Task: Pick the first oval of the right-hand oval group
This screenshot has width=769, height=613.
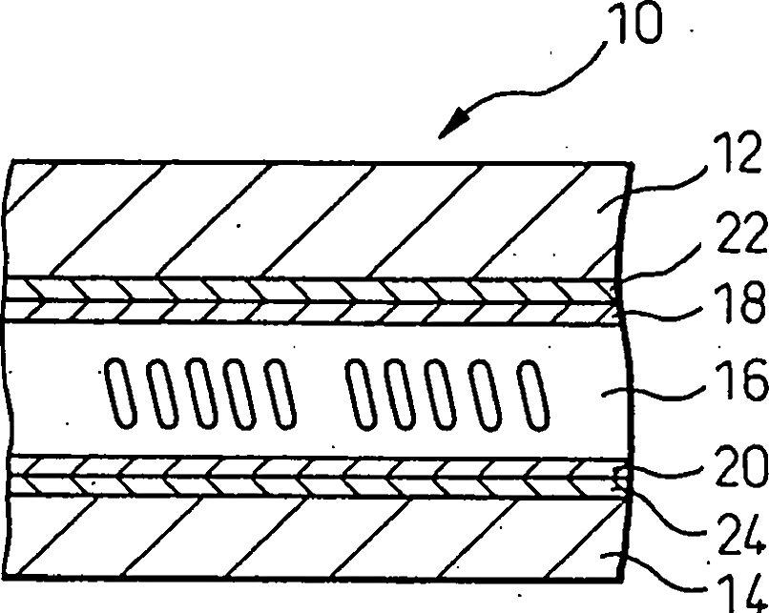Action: click(362, 393)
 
